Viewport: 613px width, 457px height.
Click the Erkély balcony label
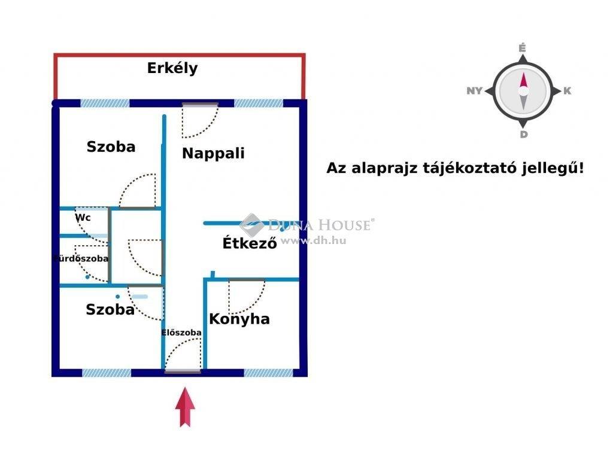[172, 68]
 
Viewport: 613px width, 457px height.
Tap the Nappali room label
[213, 153]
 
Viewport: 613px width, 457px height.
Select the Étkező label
[250, 242]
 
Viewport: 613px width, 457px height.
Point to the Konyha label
[239, 319]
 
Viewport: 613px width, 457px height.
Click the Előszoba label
[181, 333]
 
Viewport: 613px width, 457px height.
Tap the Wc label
[83, 217]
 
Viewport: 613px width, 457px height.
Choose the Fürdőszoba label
[81, 258]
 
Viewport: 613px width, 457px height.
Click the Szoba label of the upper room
[111, 147]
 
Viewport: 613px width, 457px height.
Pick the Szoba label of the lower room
[110, 309]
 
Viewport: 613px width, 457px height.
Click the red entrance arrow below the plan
[185, 407]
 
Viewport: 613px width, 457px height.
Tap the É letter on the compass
[522, 48]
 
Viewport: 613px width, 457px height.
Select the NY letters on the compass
[474, 90]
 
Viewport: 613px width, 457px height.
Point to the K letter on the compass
[567, 90]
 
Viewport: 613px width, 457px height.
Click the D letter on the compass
[523, 135]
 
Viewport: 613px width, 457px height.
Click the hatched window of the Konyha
[268, 373]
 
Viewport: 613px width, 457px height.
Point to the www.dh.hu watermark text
[313, 240]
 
